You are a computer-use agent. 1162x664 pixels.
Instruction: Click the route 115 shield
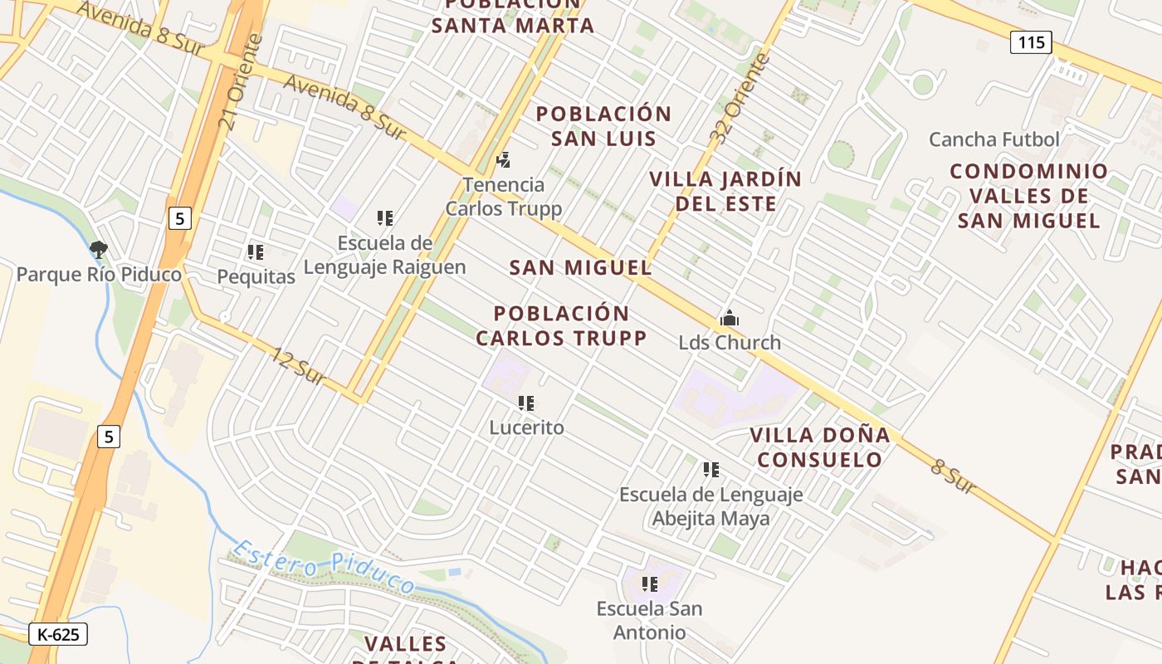click(x=1031, y=42)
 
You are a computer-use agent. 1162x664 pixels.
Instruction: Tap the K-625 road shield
click(x=58, y=635)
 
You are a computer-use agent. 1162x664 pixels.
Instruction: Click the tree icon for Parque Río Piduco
click(x=98, y=249)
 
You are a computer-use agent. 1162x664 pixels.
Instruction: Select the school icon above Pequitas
click(x=255, y=251)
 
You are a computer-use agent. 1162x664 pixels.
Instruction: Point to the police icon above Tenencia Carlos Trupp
click(x=503, y=159)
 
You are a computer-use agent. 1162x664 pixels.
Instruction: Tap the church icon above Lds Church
click(x=730, y=318)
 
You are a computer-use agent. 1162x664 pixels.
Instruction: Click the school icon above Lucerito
click(x=525, y=403)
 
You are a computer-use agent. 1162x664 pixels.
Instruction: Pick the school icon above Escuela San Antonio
click(x=649, y=584)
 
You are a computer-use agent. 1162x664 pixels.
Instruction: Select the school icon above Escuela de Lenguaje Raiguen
click(x=384, y=218)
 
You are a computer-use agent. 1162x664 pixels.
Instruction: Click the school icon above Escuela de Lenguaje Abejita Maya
click(x=710, y=470)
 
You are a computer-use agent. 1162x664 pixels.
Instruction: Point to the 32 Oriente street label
click(x=741, y=99)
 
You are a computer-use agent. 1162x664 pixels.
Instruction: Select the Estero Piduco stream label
click(x=324, y=566)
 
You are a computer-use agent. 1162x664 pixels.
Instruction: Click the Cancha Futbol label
click(x=994, y=139)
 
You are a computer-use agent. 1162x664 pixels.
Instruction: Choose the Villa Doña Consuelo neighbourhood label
click(x=820, y=447)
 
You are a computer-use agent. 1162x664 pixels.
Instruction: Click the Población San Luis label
click(x=603, y=126)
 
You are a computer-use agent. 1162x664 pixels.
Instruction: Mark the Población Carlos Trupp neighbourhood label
click(x=561, y=326)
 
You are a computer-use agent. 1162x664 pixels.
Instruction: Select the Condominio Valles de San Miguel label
click(x=1029, y=196)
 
